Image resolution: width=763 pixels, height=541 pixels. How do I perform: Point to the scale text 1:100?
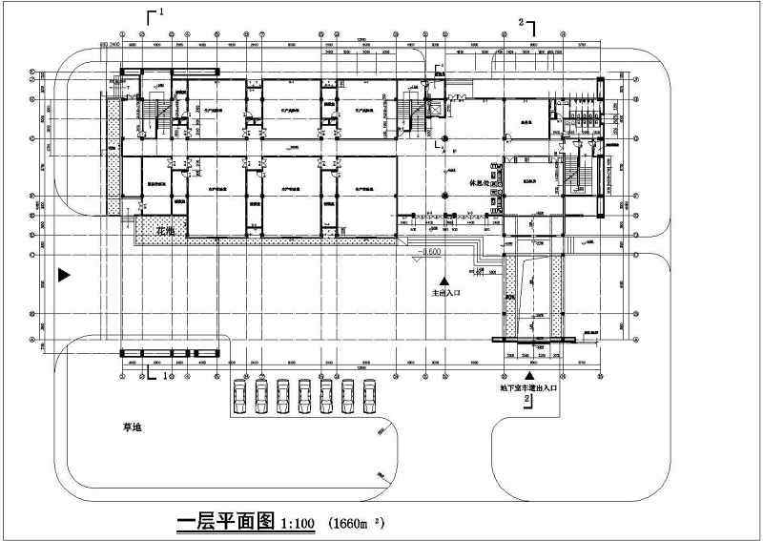point(299,525)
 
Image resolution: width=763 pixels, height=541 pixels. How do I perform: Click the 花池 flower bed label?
point(165,231)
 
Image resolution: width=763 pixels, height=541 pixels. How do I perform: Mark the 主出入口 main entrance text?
point(445,294)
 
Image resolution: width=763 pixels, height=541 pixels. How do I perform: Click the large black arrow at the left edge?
point(64,275)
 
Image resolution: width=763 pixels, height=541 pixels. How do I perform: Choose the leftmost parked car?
point(239,395)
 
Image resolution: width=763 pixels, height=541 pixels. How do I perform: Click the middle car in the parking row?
point(304,395)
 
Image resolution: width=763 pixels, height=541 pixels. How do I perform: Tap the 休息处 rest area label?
point(479,181)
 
